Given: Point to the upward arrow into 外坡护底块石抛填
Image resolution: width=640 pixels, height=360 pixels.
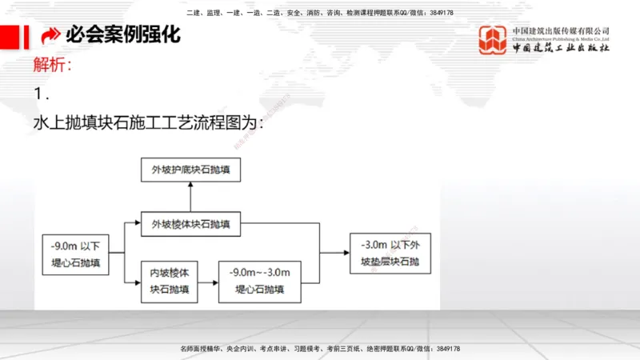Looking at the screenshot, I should click(x=190, y=196).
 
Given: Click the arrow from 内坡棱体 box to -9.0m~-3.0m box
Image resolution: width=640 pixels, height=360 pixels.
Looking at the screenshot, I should click(x=207, y=281).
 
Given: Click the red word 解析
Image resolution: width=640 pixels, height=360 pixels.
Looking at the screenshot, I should click(x=53, y=66).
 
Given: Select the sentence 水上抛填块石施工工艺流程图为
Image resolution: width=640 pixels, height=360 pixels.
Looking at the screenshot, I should click(x=149, y=125).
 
